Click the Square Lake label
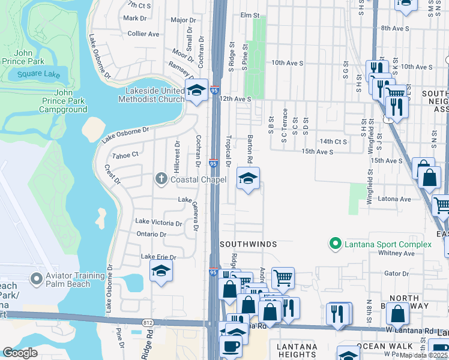pos(38,74)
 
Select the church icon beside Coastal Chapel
pos(161,179)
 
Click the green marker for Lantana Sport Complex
pos(335,244)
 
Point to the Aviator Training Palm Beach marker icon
pos(36,280)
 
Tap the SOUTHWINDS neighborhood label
pos(248,244)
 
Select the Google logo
pos(20,352)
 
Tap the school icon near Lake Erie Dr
pos(161,271)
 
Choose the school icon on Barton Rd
pos(248,178)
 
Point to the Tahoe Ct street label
pos(125,155)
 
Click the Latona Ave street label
pos(394,199)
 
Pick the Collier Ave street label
pos(142,34)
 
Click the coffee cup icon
pos(231,346)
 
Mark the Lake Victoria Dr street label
pos(158,223)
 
